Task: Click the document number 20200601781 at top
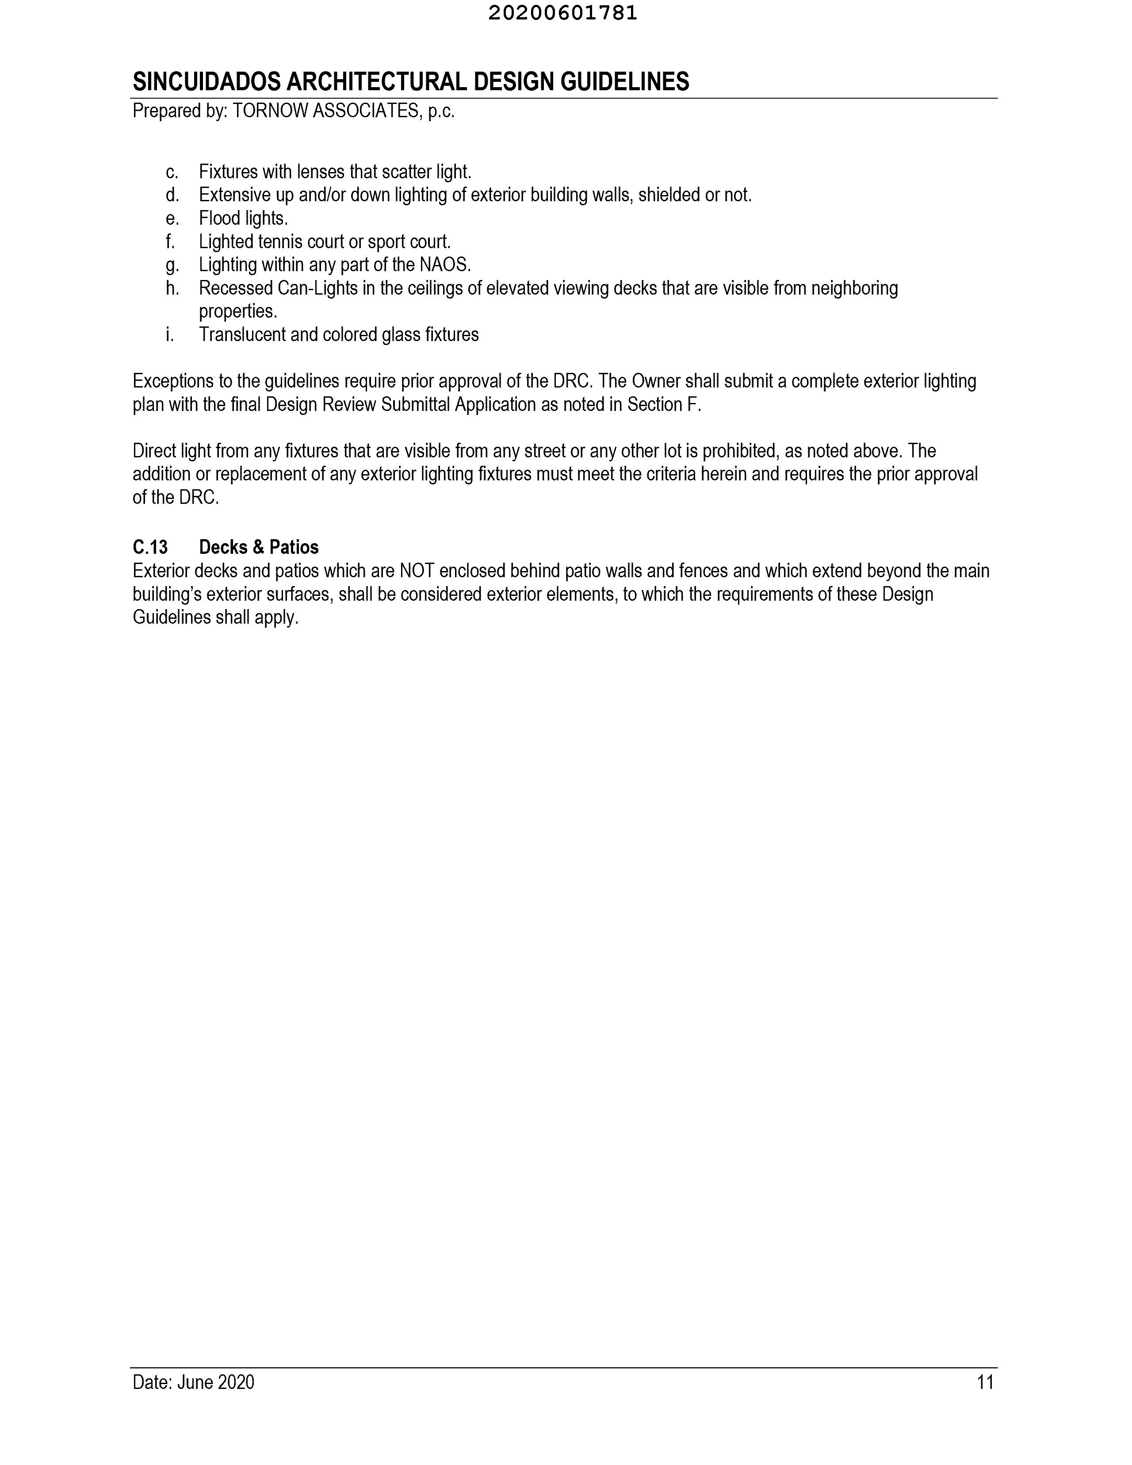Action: point(562,13)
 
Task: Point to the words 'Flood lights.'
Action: point(244,219)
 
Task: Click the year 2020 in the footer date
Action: point(236,1382)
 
